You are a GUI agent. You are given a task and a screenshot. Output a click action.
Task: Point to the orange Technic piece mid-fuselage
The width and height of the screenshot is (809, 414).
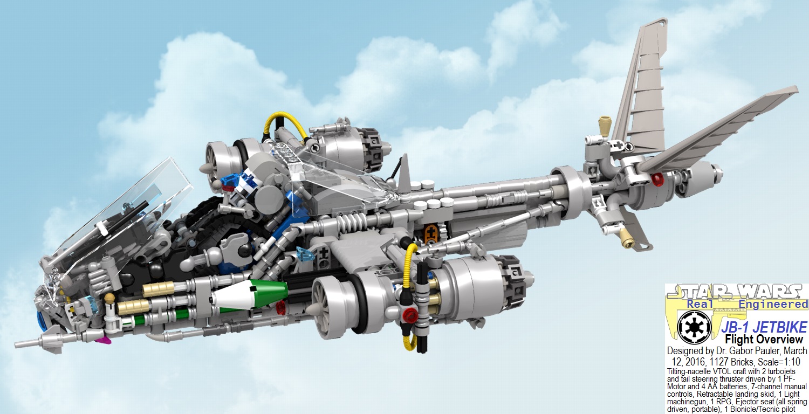point(430,234)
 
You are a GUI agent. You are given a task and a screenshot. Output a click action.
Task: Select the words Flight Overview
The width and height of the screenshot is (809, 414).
point(764,340)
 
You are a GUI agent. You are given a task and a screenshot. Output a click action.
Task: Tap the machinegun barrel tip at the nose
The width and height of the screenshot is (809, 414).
point(19,343)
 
